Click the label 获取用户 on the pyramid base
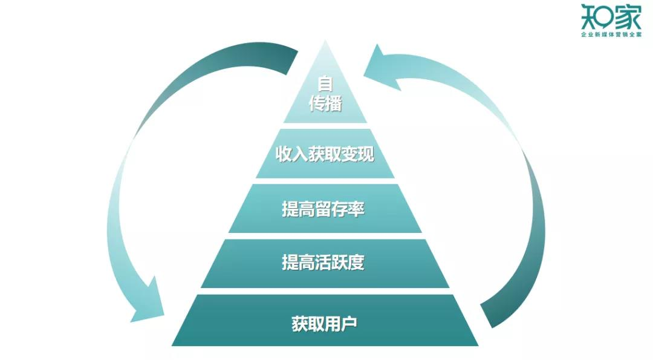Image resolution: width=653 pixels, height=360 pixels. pyautogui.click(x=324, y=324)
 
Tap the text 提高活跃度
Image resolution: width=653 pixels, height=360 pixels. pyautogui.click(x=323, y=263)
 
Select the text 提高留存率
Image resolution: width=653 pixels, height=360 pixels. pyautogui.click(x=323, y=209)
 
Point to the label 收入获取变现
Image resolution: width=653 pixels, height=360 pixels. pyautogui.click(x=325, y=154)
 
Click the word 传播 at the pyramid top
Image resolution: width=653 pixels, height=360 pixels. pyautogui.click(x=325, y=104)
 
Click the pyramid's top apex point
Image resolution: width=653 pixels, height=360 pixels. pyautogui.click(x=325, y=41)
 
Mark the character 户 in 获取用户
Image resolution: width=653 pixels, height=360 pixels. pyautogui.click(x=349, y=324)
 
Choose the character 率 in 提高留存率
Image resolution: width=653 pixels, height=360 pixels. pyautogui.click(x=357, y=209)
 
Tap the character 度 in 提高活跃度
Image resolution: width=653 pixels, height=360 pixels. pyautogui.click(x=357, y=263)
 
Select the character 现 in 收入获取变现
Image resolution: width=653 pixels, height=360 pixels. pyautogui.click(x=366, y=154)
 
